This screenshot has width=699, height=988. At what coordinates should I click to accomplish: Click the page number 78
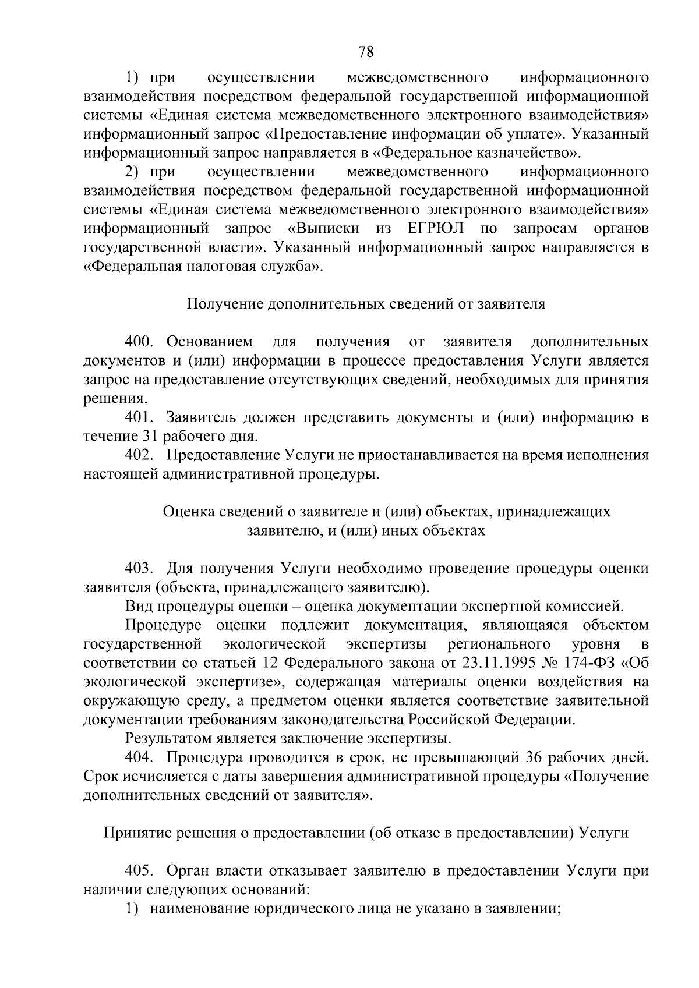tap(366, 52)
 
